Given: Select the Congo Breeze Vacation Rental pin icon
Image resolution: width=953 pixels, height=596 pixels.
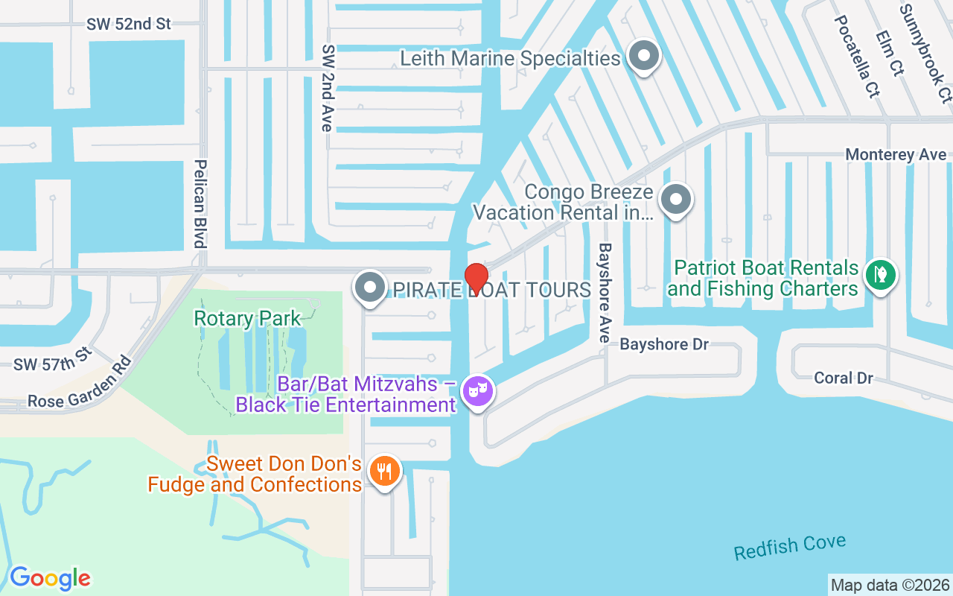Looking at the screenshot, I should pyautogui.click(x=676, y=200).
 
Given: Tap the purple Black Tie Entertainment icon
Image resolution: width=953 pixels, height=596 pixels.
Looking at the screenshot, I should pyautogui.click(x=477, y=390).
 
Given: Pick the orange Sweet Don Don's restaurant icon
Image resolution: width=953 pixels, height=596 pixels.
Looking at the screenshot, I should pyautogui.click(x=384, y=472).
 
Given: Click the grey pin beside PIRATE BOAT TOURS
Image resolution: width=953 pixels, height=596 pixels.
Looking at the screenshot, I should pyautogui.click(x=370, y=288).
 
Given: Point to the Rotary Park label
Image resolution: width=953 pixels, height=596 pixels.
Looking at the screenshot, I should pyautogui.click(x=247, y=319).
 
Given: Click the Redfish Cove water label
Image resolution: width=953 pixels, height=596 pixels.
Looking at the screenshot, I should pyautogui.click(x=789, y=548).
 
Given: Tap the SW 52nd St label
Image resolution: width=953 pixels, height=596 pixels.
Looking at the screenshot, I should pyautogui.click(x=129, y=24).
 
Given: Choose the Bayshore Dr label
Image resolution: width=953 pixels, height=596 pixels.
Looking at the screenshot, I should pyautogui.click(x=664, y=345).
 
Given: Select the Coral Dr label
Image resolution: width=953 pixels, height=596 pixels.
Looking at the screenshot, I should pyautogui.click(x=843, y=378).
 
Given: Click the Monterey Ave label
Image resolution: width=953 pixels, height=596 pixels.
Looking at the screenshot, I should pyautogui.click(x=896, y=155).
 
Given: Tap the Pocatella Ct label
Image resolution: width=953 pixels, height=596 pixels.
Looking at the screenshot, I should pyautogui.click(x=856, y=56).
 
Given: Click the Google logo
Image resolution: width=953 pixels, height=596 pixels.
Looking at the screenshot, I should pyautogui.click(x=50, y=578).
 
